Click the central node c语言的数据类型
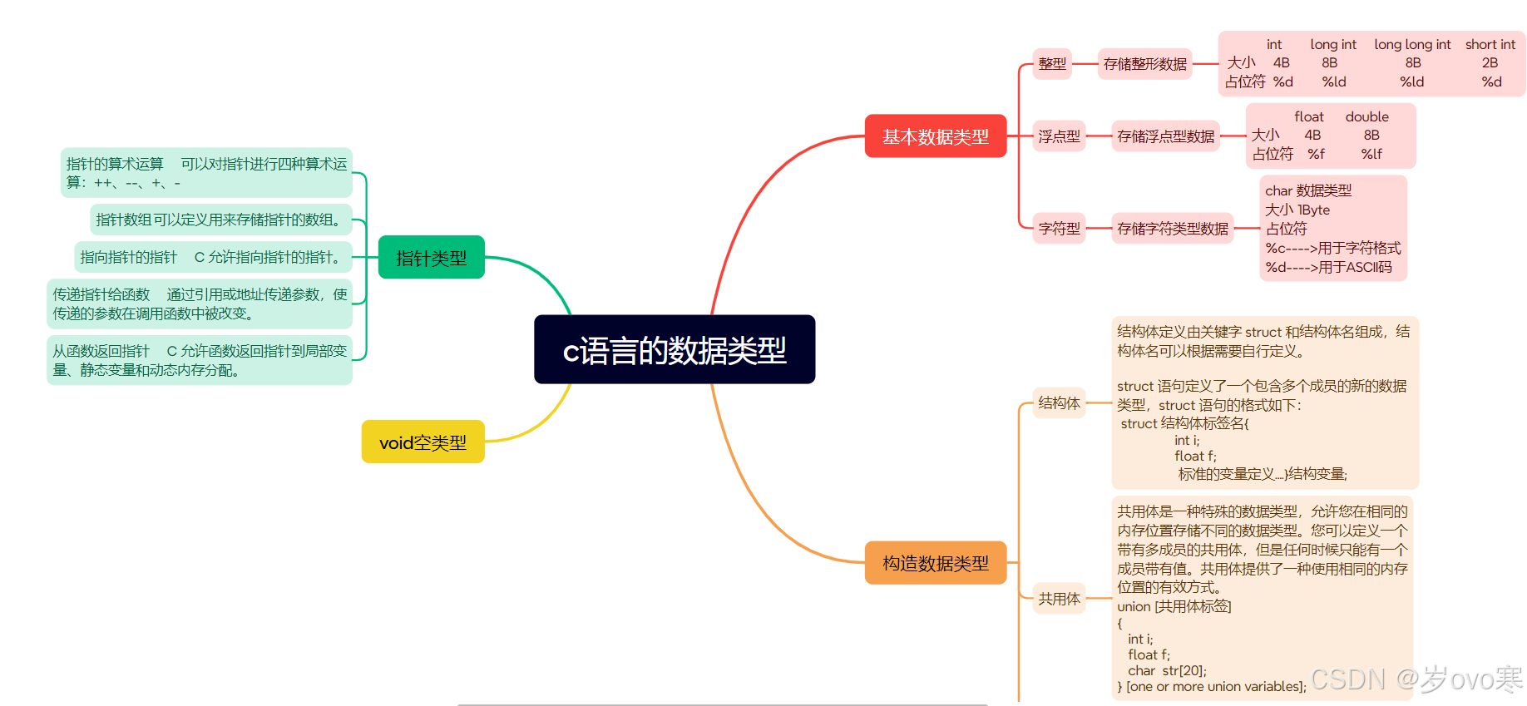(x=675, y=349)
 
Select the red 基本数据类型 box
(x=936, y=136)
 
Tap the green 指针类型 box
(x=431, y=258)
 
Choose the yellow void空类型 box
(x=423, y=442)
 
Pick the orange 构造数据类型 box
(x=936, y=563)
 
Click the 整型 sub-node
(x=1052, y=64)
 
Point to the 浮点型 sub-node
(x=1059, y=136)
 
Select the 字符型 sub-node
(x=1059, y=228)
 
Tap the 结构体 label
(x=1059, y=403)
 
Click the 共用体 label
(x=1059, y=599)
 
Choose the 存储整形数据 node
(x=1144, y=64)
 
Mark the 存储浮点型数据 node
(x=1165, y=136)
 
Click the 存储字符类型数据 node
(x=1172, y=228)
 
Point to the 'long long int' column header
(x=1412, y=45)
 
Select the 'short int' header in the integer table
(x=1490, y=45)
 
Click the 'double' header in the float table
(x=1366, y=117)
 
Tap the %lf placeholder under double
(x=1371, y=154)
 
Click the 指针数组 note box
(x=220, y=220)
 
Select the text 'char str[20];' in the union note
(x=1167, y=670)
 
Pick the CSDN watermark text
(x=1416, y=679)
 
